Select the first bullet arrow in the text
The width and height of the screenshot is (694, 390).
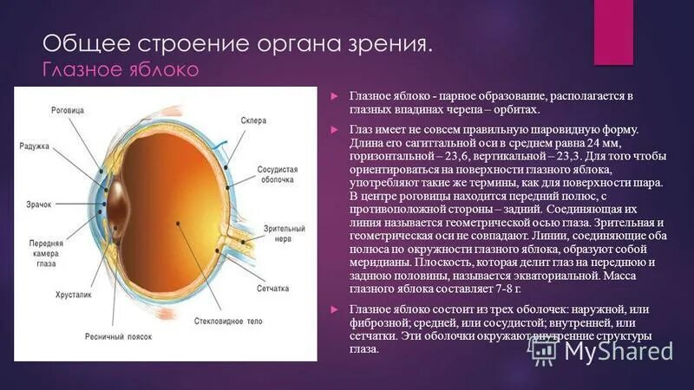click(334, 94)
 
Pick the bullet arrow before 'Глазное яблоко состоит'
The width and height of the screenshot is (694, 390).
click(334, 309)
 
